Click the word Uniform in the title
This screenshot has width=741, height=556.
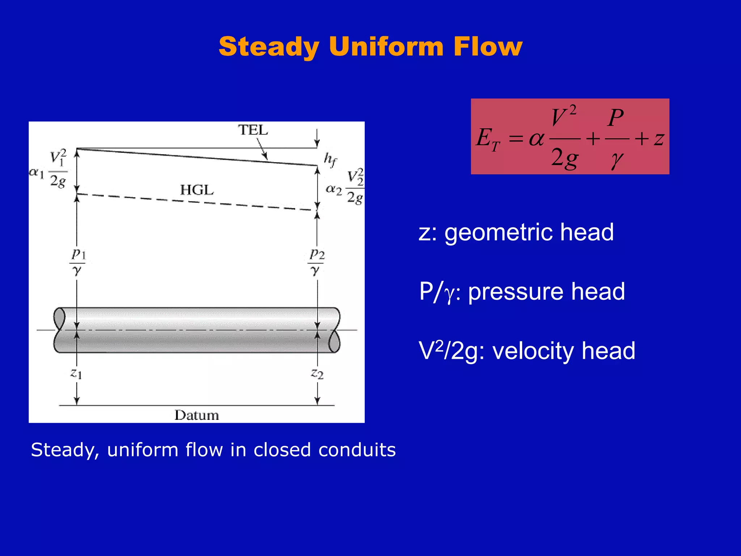click(386, 47)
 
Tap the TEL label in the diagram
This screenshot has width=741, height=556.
click(253, 130)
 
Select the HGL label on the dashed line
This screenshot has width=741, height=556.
click(197, 190)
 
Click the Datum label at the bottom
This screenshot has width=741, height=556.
click(196, 415)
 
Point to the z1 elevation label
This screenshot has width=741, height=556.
click(76, 373)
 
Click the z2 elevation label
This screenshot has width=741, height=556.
click(317, 373)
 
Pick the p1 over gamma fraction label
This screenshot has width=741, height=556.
click(77, 262)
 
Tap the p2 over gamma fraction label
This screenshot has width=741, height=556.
click(317, 262)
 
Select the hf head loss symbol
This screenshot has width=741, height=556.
click(330, 160)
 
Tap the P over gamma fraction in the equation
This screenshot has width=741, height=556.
click(616, 138)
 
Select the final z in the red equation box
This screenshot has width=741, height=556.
click(659, 139)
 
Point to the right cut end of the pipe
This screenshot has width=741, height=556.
click(335, 330)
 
